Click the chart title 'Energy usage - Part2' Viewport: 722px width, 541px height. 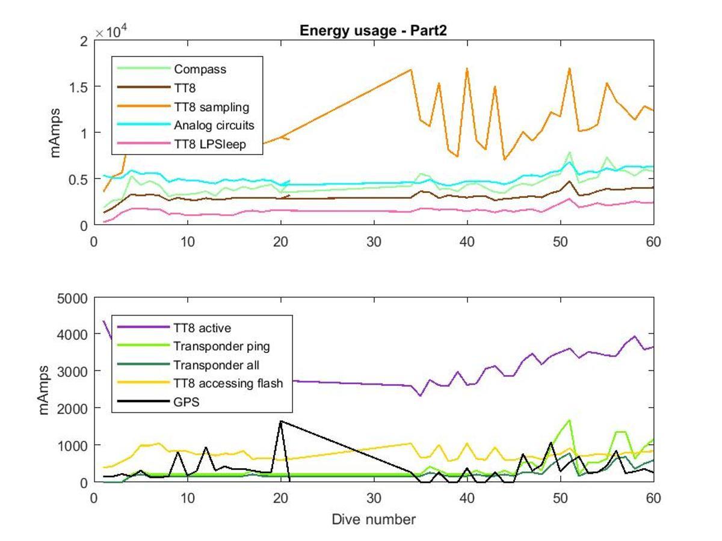(373, 31)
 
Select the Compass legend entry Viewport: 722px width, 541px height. (172, 69)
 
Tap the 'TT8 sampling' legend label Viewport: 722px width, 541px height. (212, 107)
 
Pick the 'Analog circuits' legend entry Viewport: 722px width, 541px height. (186, 125)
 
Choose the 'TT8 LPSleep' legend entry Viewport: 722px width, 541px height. (182, 144)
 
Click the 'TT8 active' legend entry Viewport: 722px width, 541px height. (174, 328)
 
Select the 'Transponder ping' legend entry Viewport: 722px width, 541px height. (193, 346)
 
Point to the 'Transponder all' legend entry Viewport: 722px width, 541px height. (188, 365)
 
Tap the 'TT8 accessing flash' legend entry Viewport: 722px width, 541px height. (200, 384)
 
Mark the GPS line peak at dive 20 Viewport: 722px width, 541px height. (281, 421)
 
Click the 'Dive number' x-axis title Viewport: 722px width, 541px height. (374, 519)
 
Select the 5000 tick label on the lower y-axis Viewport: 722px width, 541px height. (72, 299)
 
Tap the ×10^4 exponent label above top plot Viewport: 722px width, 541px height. (111, 32)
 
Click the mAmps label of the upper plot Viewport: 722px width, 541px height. (55, 133)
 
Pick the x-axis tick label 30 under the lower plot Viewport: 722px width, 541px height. (374, 498)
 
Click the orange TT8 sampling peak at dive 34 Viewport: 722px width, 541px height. (411, 70)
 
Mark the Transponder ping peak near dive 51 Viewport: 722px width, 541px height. (569, 420)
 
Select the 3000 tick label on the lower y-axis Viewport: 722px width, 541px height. (72, 372)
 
